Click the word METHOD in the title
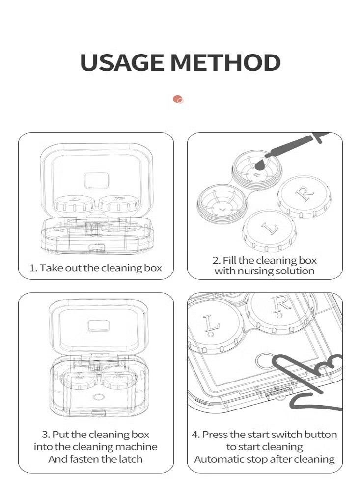225,63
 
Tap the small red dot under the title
178,100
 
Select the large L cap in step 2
270,230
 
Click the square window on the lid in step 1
97,181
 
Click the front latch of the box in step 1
97,248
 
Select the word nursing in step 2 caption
255,271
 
